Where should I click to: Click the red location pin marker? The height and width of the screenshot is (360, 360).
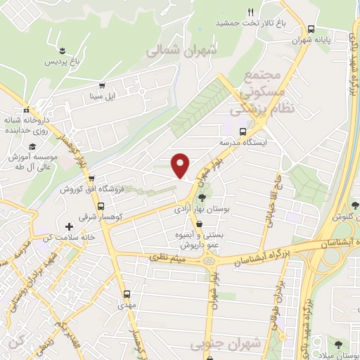181,165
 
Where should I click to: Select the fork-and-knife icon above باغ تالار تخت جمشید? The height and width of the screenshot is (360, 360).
250,11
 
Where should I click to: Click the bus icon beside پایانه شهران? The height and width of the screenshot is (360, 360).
311,30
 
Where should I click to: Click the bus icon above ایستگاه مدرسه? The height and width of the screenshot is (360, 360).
243,131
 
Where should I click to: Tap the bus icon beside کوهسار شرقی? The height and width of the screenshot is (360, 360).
101,207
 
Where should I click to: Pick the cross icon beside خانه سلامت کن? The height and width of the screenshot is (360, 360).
69,226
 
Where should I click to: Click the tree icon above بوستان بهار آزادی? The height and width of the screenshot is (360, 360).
202,198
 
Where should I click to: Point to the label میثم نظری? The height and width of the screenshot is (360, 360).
167,259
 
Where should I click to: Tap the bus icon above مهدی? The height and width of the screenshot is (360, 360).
127,295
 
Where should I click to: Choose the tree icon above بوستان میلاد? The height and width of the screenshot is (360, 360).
340,344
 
